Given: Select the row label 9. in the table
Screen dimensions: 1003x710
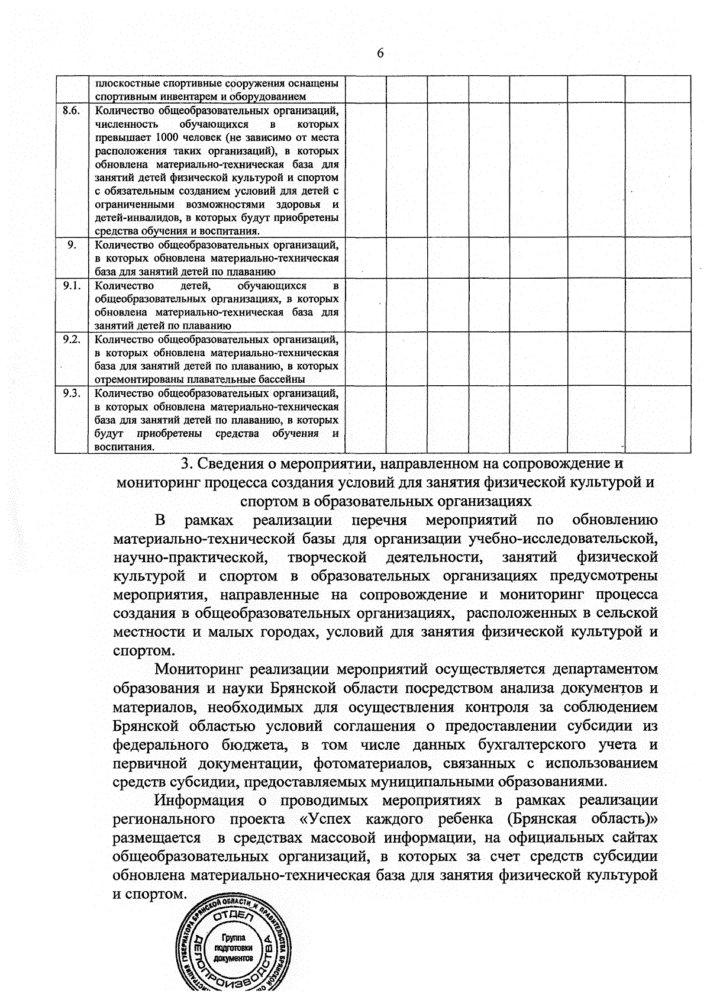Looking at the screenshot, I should pyautogui.click(x=72, y=245).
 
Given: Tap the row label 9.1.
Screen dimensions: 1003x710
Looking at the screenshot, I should pyautogui.click(x=72, y=286).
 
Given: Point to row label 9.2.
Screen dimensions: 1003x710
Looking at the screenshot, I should pyautogui.click(x=72, y=340).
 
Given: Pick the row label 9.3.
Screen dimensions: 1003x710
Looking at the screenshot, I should pyautogui.click(x=72, y=393).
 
